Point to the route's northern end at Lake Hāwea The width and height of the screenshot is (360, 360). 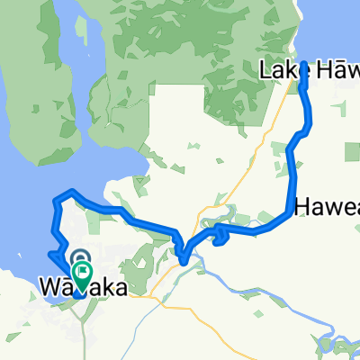pyautogui.click(x=303, y=64)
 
